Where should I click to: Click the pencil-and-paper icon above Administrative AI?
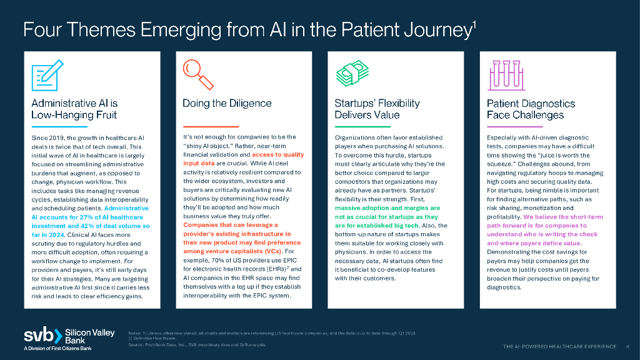[47, 75]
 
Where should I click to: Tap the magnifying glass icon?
[197, 75]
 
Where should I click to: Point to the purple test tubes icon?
[504, 75]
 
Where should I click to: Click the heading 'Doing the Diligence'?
[227, 103]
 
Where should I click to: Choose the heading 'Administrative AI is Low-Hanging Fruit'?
[74, 109]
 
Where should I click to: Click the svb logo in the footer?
[41, 336]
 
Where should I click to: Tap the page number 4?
[627, 346]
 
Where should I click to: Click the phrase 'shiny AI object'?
[210, 146]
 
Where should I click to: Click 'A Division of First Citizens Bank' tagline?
[57, 348]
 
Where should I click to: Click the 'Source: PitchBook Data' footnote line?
[197, 344]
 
